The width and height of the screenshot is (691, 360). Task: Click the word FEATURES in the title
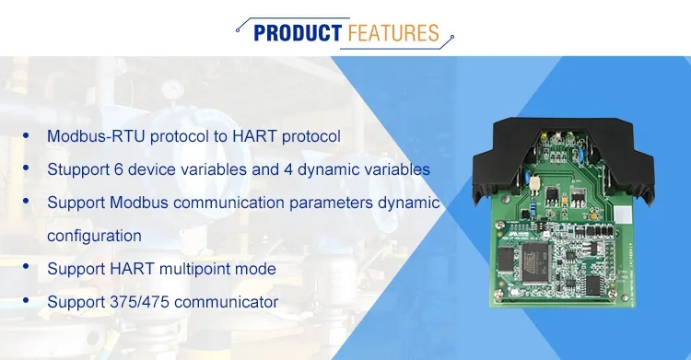[x=392, y=34]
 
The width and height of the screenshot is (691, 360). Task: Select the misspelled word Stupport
[x=76, y=169]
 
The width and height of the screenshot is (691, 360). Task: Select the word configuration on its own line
[x=94, y=236]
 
